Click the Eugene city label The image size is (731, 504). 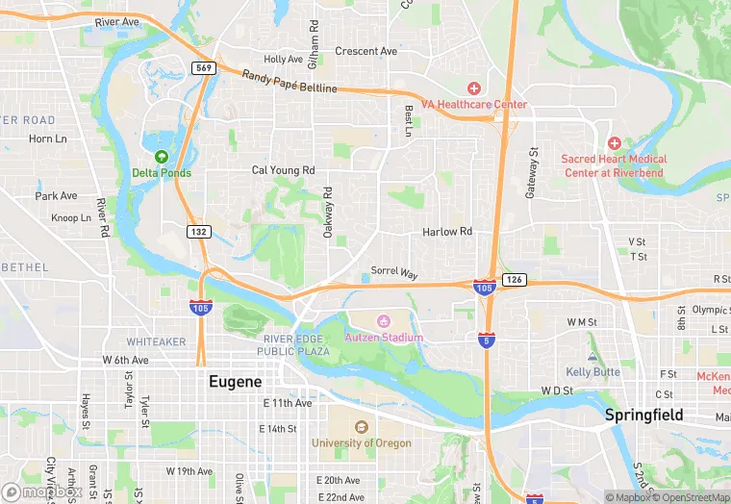(x=236, y=382)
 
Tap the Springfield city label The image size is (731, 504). (x=643, y=416)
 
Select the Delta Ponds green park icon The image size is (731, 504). (x=162, y=157)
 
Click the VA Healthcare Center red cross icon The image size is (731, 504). (x=474, y=88)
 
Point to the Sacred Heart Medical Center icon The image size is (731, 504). (x=614, y=142)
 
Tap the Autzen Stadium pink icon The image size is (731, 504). (x=384, y=321)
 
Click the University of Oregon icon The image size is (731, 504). (x=361, y=427)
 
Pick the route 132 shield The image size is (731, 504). (x=198, y=231)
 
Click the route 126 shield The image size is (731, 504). (x=515, y=280)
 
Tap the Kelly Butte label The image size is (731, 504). (x=592, y=372)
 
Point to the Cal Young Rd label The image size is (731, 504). (x=283, y=170)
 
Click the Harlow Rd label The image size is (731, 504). (x=447, y=232)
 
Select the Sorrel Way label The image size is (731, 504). (x=395, y=273)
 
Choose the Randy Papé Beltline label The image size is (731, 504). (x=290, y=82)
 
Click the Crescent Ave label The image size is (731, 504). (x=365, y=51)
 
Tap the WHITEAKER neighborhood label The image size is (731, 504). (x=156, y=341)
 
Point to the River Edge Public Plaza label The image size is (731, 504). (x=297, y=345)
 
